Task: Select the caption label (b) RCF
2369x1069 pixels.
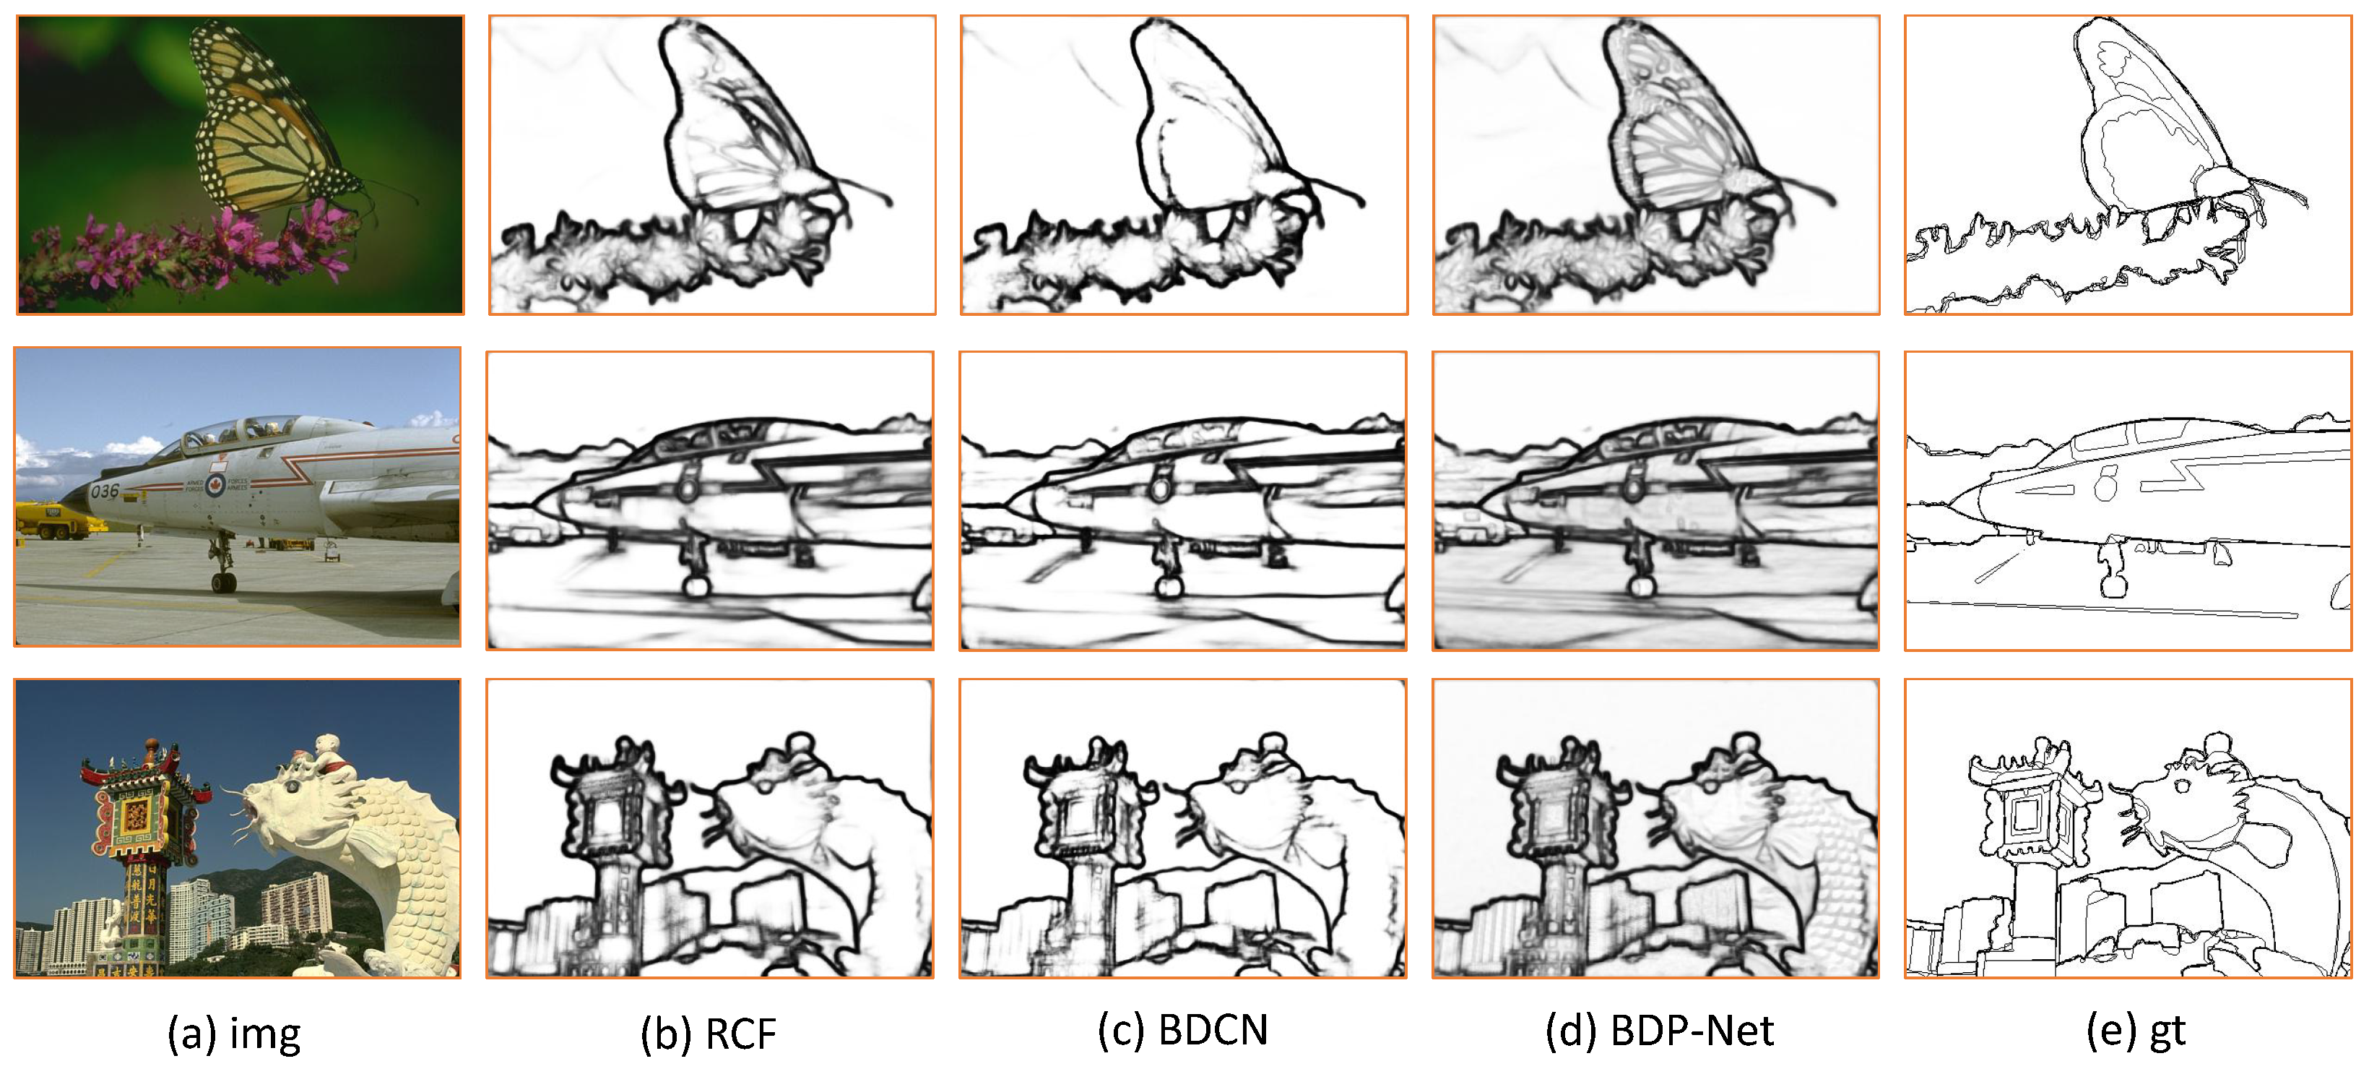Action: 708,1032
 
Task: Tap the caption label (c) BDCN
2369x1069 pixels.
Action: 1182,1031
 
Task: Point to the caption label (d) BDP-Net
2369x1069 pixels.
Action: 1659,1031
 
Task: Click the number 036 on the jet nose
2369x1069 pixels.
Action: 104,491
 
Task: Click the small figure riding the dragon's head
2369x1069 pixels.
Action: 329,755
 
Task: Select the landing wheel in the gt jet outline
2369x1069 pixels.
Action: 2113,585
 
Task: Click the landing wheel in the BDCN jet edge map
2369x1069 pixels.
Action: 1169,585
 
